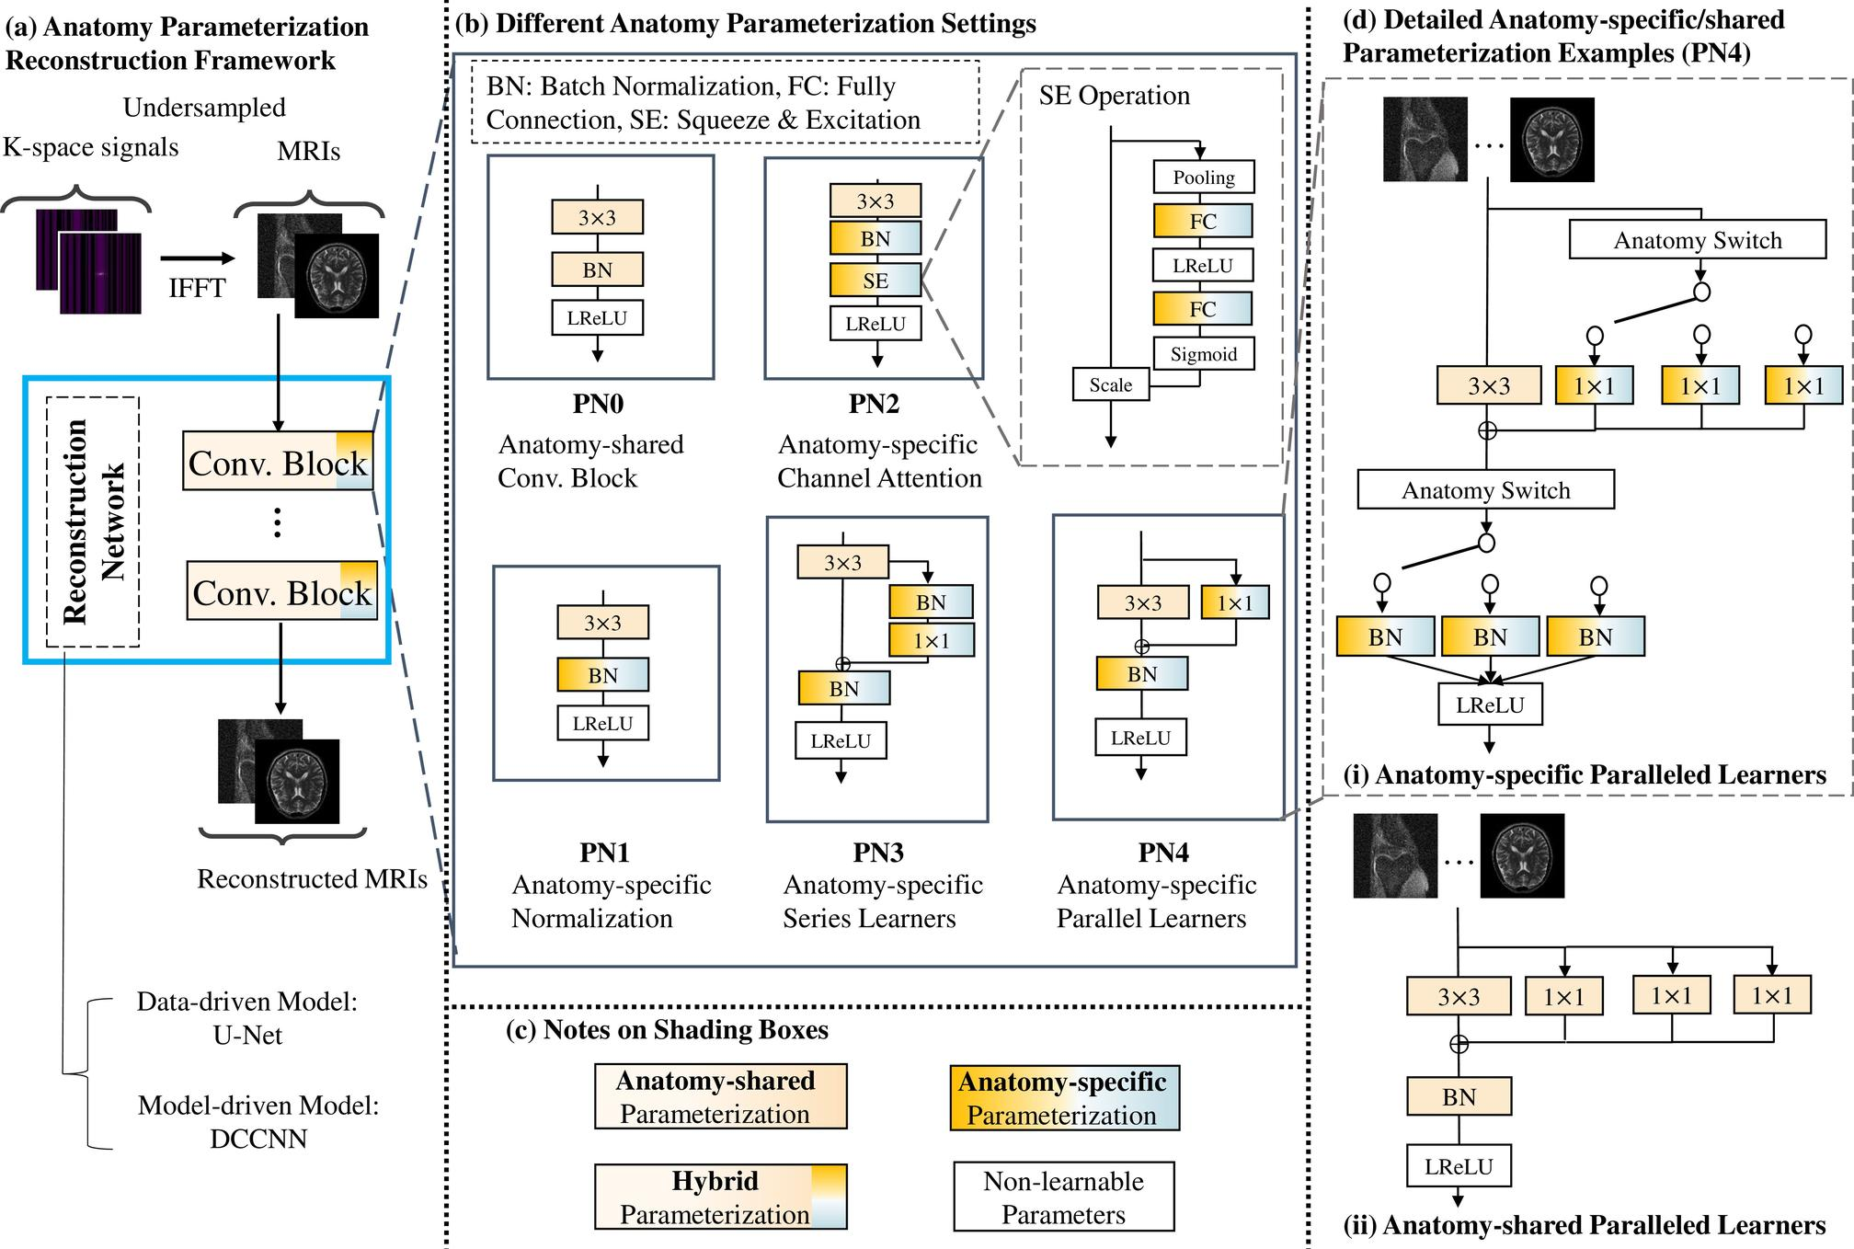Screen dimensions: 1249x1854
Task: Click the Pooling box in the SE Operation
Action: point(1203,178)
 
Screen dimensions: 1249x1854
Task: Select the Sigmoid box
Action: point(1203,354)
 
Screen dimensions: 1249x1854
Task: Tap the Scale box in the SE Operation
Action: point(1110,384)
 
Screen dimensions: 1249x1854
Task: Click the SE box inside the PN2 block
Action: point(875,281)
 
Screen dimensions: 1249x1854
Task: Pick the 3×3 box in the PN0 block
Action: point(597,218)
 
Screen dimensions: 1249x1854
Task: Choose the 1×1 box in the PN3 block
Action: point(931,641)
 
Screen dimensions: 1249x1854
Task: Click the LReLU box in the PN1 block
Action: point(602,724)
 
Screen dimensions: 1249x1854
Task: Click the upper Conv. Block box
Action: point(279,462)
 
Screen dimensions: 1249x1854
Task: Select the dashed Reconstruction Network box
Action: point(92,521)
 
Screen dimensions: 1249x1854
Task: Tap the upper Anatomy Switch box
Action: point(1697,240)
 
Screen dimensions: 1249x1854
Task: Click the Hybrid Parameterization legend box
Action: point(720,1197)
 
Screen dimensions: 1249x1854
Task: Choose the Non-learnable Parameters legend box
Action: point(1063,1197)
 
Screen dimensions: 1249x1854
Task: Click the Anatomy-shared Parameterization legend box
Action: point(720,1096)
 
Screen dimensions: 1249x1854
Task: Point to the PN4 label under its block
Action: point(1163,853)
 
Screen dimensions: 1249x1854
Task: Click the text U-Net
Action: point(247,1036)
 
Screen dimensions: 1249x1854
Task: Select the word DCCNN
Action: point(258,1139)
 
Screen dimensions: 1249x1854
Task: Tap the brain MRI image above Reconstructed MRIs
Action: point(296,782)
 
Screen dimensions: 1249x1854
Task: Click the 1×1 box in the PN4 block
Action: point(1235,603)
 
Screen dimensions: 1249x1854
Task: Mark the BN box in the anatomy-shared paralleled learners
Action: point(1459,1097)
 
